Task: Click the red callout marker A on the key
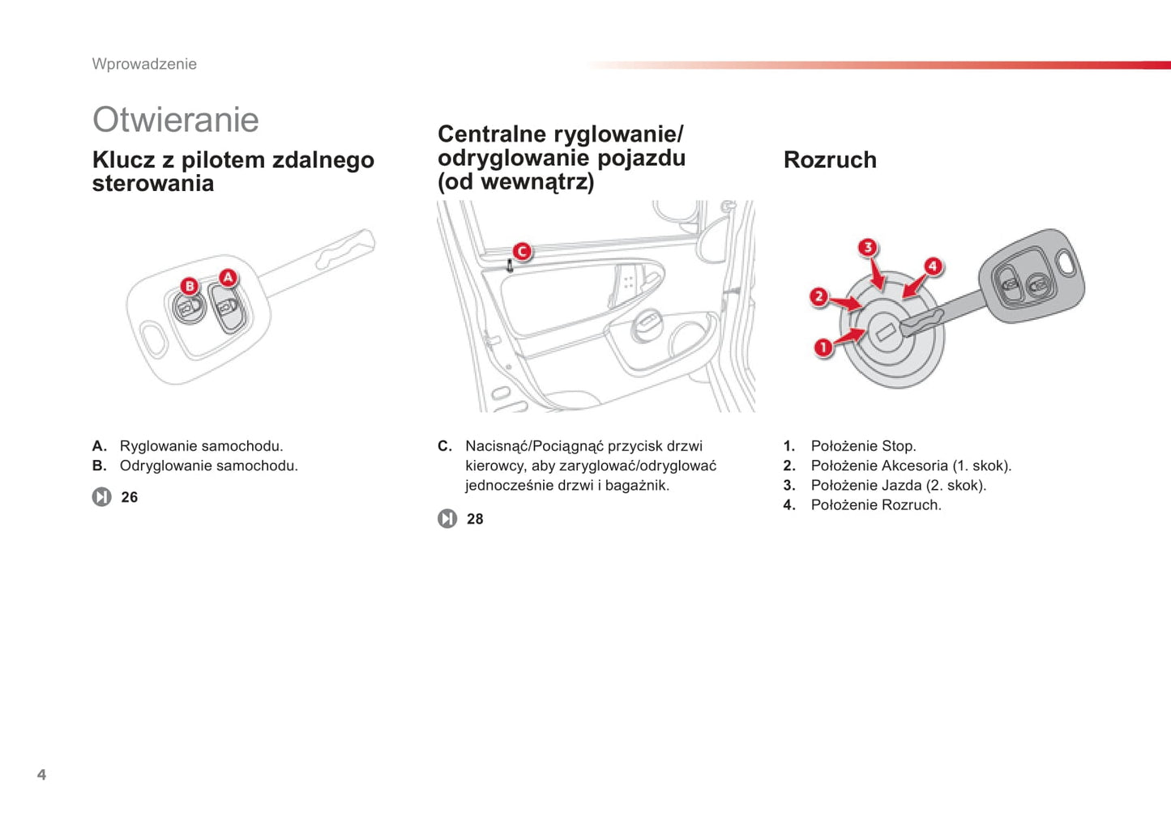pyautogui.click(x=228, y=278)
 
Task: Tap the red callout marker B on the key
pyautogui.click(x=190, y=286)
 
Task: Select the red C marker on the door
pyautogui.click(x=522, y=252)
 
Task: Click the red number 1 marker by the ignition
pyautogui.click(x=823, y=347)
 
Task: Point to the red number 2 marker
pyautogui.click(x=819, y=297)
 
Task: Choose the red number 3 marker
pyautogui.click(x=868, y=248)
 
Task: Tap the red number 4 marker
pyautogui.click(x=933, y=266)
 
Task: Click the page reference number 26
pyautogui.click(x=129, y=497)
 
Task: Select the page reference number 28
pyautogui.click(x=475, y=519)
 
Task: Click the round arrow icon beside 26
pyautogui.click(x=102, y=496)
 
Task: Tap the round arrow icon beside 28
pyautogui.click(x=447, y=518)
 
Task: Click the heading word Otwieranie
pyautogui.click(x=176, y=120)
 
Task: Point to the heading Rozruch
pyautogui.click(x=830, y=159)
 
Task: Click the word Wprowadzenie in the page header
pyautogui.click(x=144, y=64)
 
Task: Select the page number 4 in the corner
pyautogui.click(x=42, y=774)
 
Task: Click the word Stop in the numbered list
pyautogui.click(x=899, y=446)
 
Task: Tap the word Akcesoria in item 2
pyautogui.click(x=913, y=466)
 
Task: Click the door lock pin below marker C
pyautogui.click(x=511, y=266)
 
